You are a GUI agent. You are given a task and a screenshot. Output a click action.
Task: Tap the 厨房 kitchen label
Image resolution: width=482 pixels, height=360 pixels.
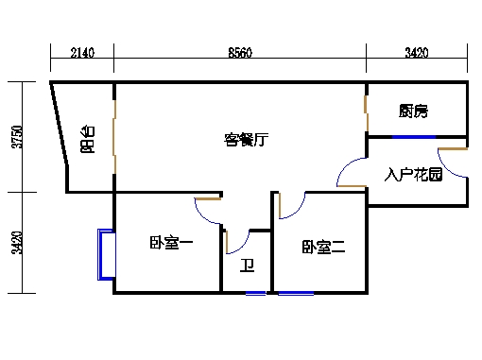point(413,111)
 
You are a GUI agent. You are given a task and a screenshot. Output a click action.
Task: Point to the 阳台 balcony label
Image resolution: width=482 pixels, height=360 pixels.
point(87,139)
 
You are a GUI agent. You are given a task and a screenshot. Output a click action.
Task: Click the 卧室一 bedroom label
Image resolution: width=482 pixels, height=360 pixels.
point(171,245)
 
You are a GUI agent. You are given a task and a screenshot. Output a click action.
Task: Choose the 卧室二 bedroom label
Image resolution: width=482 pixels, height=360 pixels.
point(324,248)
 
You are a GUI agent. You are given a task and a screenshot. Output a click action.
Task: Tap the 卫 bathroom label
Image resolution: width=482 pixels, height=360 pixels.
point(248,266)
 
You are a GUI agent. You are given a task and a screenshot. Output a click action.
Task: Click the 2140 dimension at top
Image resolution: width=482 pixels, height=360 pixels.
point(82,54)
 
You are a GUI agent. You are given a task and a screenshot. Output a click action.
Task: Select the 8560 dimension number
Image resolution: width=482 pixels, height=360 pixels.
point(239,54)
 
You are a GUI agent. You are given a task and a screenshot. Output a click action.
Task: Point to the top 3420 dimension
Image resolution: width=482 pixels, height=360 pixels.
point(417,54)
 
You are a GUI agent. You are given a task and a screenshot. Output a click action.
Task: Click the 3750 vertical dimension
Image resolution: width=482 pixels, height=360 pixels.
point(15,137)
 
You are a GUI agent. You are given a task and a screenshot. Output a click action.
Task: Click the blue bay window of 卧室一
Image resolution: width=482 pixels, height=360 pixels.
point(103,254)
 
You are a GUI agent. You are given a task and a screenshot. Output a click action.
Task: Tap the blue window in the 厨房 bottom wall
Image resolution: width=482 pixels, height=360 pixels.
point(414,138)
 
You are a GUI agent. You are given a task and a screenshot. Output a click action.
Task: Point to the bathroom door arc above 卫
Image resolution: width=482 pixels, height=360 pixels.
point(237,240)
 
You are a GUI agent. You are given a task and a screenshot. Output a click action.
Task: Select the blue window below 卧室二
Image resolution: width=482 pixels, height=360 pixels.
point(296,293)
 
